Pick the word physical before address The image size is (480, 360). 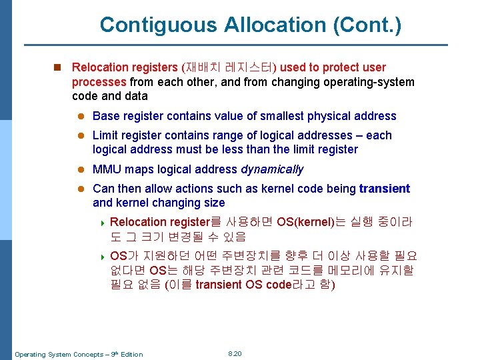coord(328,116)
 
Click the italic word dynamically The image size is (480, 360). coord(272,169)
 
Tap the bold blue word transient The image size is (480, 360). coord(385,189)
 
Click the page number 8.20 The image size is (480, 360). coord(235,353)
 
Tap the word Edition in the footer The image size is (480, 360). coord(131,354)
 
